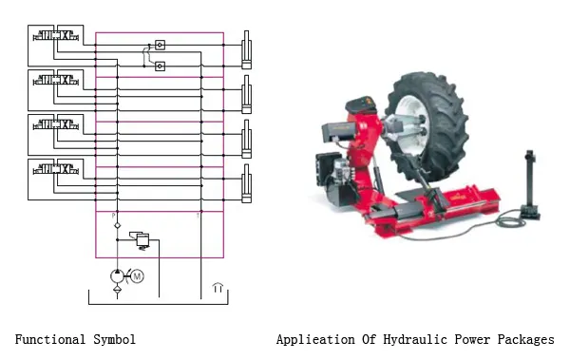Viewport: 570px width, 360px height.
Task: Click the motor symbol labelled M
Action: point(137,276)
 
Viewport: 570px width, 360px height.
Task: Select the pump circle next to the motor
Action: point(117,276)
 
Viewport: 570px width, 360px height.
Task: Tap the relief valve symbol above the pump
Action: point(141,240)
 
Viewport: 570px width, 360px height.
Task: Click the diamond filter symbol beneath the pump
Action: point(117,290)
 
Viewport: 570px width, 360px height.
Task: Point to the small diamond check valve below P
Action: point(117,225)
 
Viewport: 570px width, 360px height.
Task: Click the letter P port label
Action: point(114,216)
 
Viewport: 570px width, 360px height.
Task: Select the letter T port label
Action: point(199,216)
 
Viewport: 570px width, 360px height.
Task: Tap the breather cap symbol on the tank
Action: point(218,287)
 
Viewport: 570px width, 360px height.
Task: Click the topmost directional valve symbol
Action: point(56,36)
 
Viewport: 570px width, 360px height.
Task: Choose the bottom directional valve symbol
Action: point(56,169)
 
